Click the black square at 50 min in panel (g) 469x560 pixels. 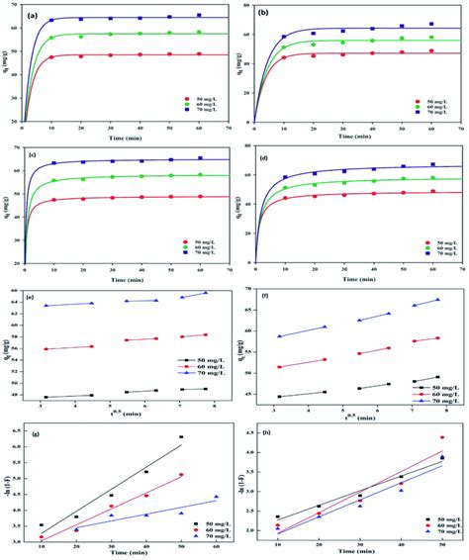pos(181,436)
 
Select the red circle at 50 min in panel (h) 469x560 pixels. pos(442,437)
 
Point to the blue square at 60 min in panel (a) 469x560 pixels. pos(198,16)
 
